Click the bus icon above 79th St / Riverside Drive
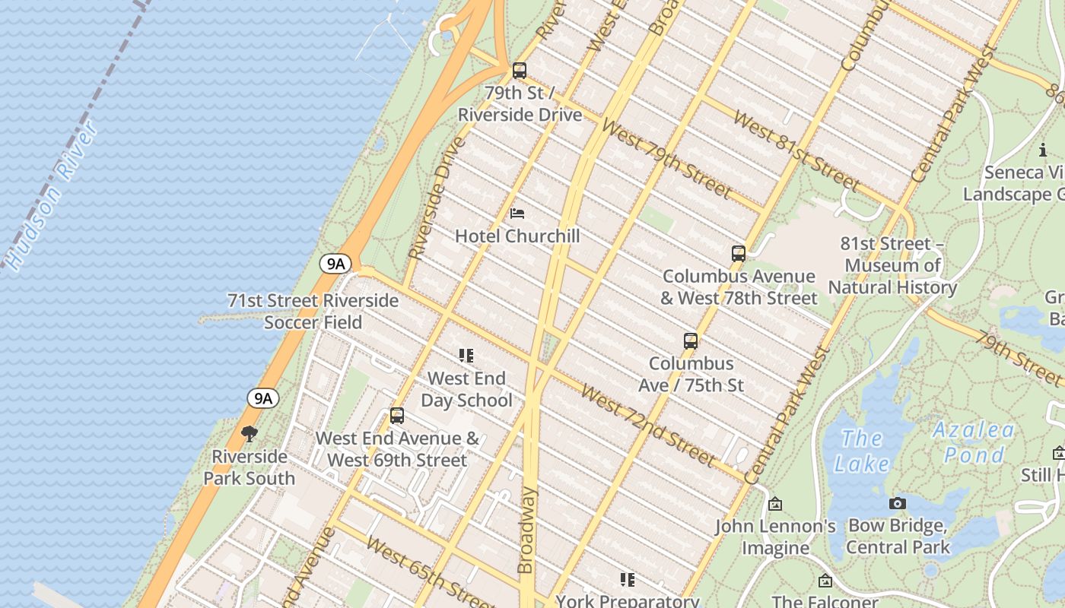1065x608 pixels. [520, 71]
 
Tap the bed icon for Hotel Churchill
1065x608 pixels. [517, 214]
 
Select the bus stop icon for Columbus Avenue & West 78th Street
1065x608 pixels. [738, 254]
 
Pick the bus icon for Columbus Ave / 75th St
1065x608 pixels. [691, 341]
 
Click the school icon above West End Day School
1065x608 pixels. [466, 356]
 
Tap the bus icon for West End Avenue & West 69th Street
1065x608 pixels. [397, 416]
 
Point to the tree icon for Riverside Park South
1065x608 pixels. [249, 434]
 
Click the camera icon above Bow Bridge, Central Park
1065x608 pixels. [898, 503]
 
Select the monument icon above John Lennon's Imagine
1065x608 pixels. [775, 504]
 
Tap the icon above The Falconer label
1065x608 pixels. [825, 581]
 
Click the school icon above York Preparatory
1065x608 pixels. [627, 581]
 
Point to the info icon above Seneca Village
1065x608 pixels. [1042, 150]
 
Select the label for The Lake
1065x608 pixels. [861, 451]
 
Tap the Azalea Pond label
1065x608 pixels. [974, 442]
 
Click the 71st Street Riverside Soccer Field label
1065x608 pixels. [313, 311]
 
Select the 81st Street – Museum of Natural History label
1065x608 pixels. [892, 265]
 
